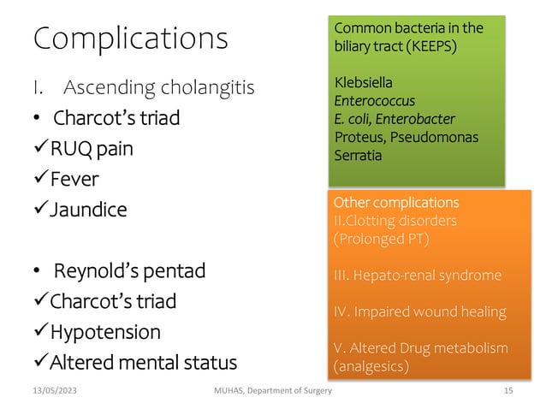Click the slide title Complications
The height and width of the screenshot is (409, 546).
coord(130,39)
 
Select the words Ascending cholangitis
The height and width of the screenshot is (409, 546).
coord(159,87)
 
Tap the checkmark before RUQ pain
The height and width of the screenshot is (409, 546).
coord(40,150)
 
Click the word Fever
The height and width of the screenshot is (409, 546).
coord(74,180)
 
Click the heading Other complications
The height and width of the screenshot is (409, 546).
coord(395,204)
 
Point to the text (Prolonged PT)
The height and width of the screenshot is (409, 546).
coord(381,238)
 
